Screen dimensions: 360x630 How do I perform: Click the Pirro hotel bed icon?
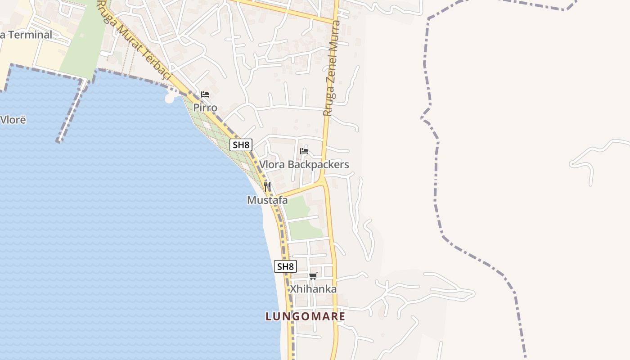205,94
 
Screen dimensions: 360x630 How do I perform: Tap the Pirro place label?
205,108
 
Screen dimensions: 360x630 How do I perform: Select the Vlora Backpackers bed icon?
304,151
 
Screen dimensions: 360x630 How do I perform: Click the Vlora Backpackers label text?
304,165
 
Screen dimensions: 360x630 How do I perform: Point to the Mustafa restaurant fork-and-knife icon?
267,187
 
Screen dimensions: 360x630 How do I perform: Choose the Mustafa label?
267,200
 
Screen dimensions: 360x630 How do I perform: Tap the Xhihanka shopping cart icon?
313,276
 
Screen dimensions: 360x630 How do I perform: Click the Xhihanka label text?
313,289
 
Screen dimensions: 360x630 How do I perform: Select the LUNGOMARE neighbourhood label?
306,316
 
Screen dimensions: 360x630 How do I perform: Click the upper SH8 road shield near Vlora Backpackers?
241,145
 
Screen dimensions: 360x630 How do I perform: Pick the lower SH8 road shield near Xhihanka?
285,266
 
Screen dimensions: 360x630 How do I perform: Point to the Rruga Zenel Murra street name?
333,67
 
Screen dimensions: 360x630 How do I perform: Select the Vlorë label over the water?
13,120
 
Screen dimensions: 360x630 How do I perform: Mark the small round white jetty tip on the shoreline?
170,98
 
